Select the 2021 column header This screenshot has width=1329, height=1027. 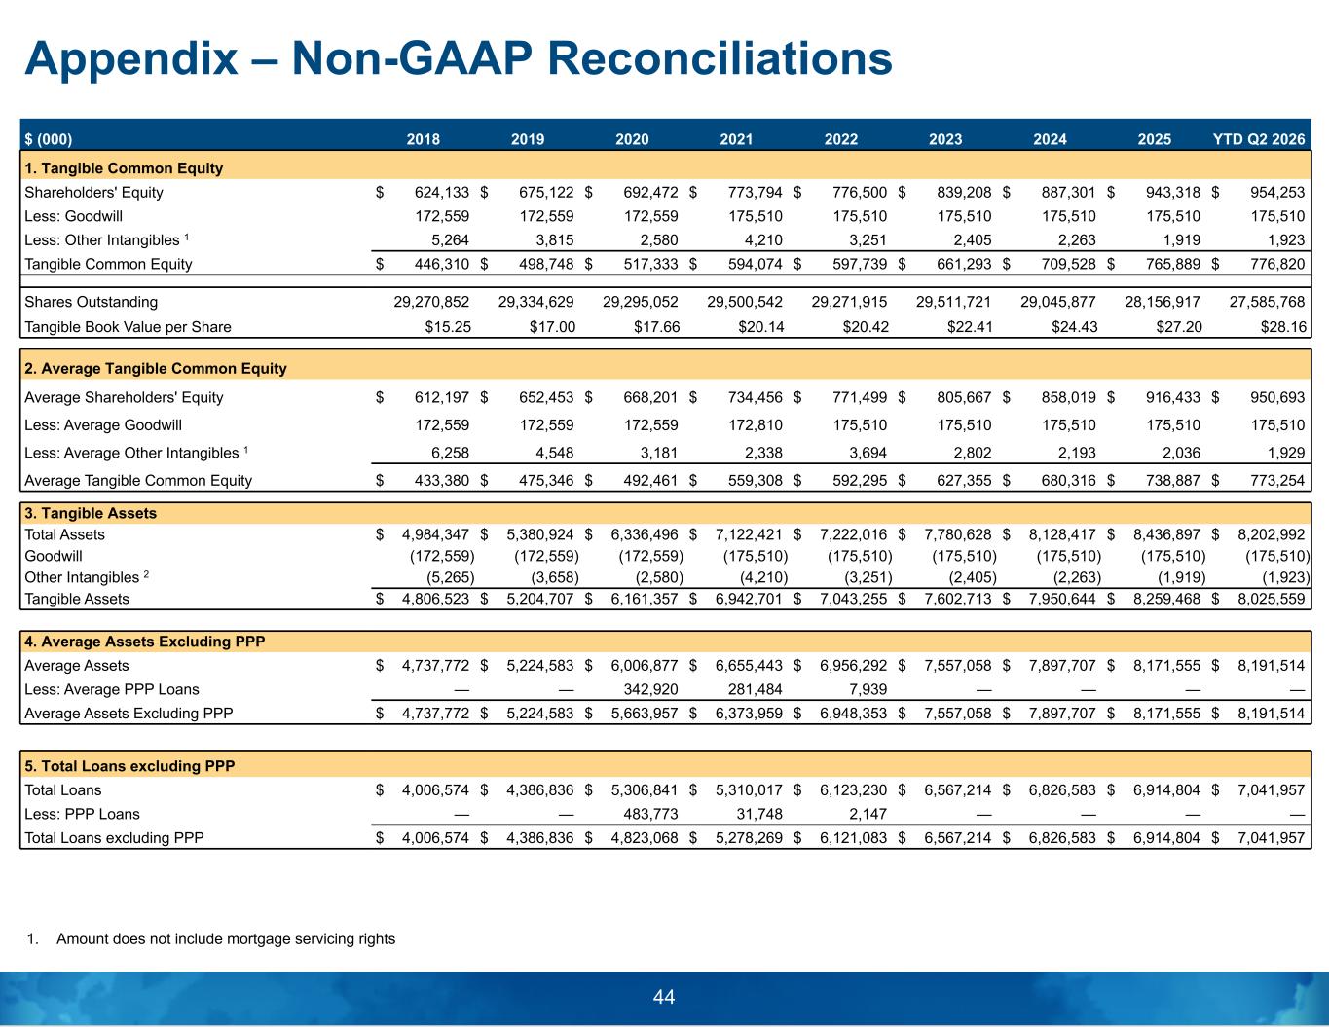(x=736, y=139)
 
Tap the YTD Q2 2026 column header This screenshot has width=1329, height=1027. (x=1259, y=139)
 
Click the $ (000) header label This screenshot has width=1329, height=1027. (x=49, y=139)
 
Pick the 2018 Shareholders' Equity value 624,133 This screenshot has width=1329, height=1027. (x=442, y=192)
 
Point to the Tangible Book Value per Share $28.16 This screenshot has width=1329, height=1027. (x=1283, y=327)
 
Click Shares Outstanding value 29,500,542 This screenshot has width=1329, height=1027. (x=744, y=302)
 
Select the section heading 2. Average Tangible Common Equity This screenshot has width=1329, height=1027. (x=156, y=369)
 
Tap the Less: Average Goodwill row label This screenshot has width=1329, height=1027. (x=103, y=424)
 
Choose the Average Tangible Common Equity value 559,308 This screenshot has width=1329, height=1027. (x=755, y=481)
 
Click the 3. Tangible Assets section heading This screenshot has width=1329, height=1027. (x=91, y=514)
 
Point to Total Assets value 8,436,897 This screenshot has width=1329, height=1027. (x=1166, y=534)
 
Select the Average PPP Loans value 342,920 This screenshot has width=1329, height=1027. (x=650, y=689)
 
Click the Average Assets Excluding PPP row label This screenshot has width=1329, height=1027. (x=129, y=714)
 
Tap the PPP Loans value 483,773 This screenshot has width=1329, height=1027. (x=650, y=814)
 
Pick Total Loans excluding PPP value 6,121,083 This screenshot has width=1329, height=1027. (x=853, y=838)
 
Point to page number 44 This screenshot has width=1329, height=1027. (x=664, y=997)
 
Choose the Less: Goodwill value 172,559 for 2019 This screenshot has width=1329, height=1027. (x=546, y=216)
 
